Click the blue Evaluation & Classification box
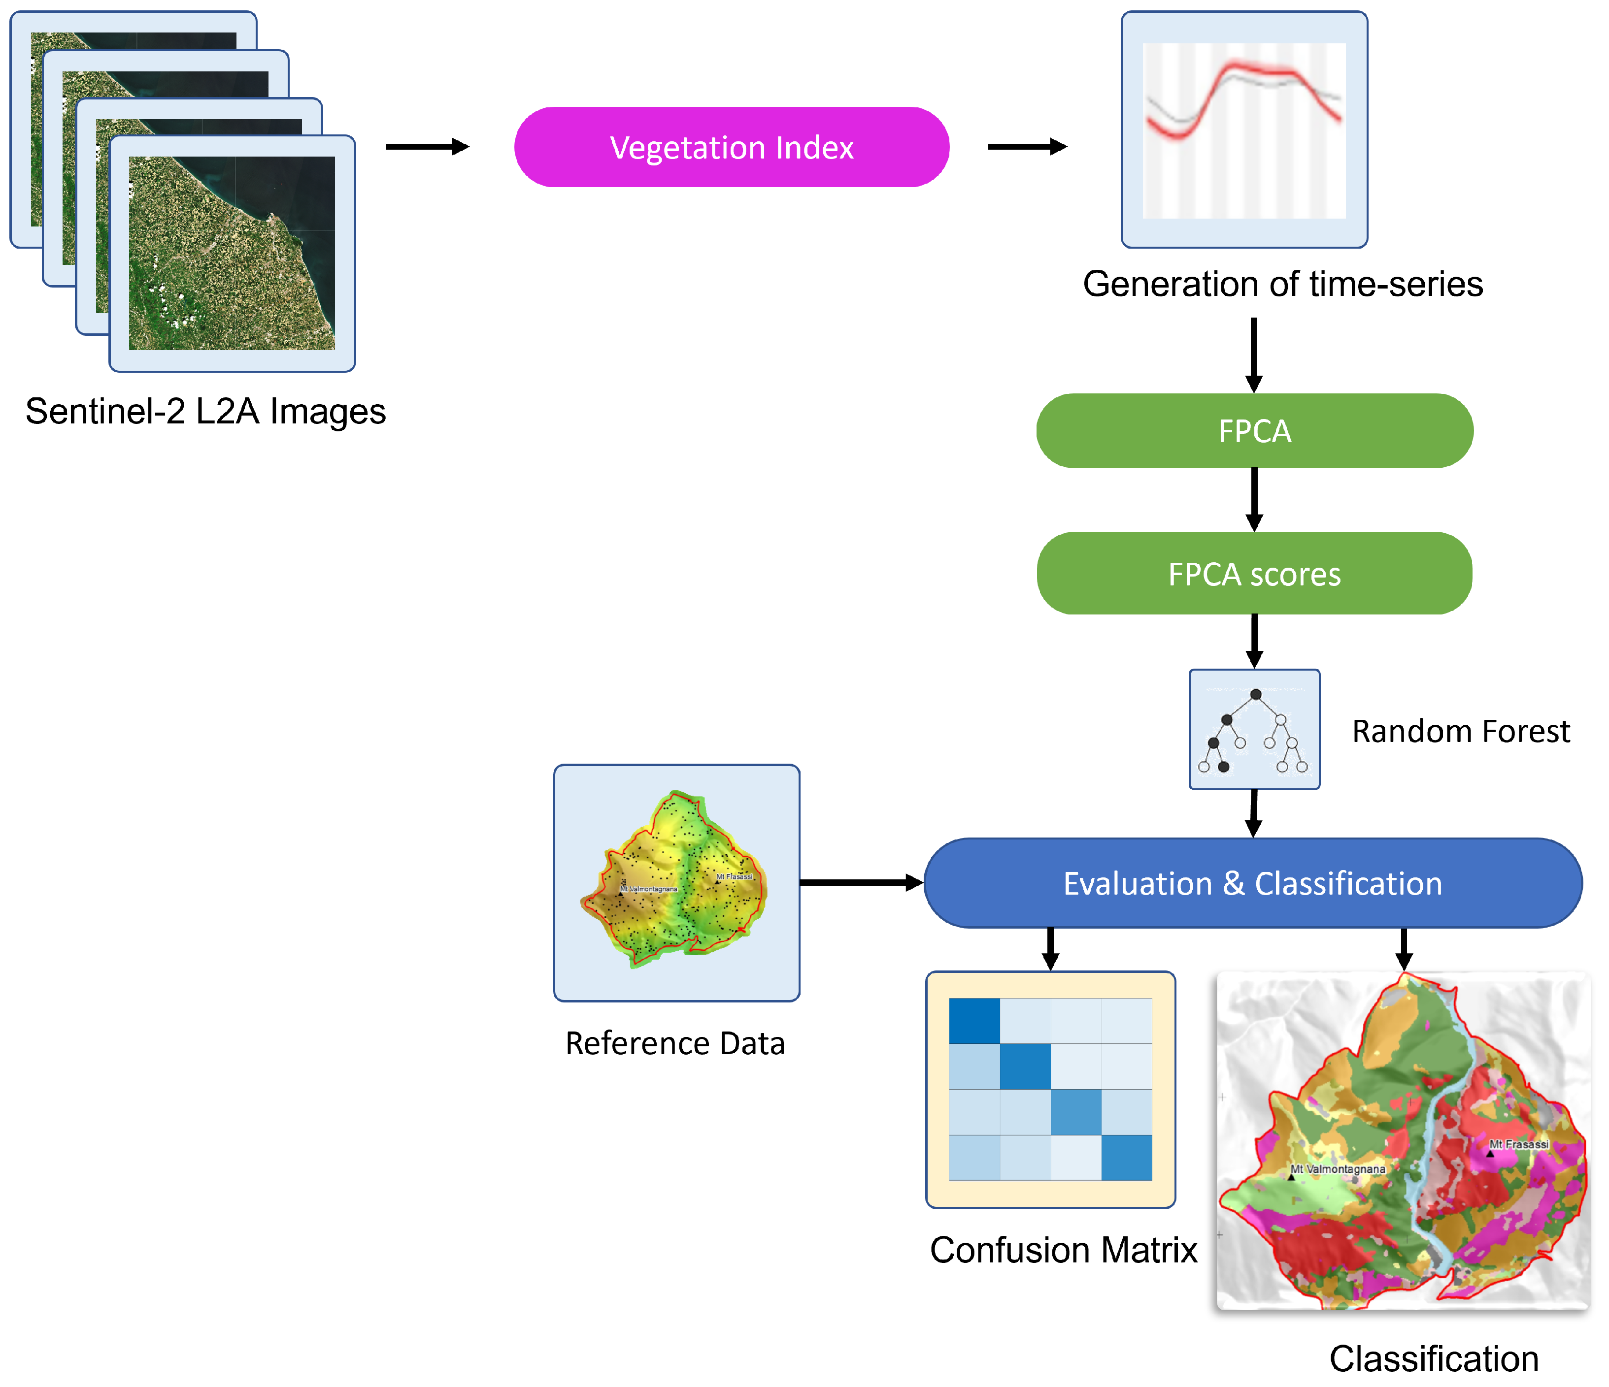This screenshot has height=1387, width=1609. tap(1252, 883)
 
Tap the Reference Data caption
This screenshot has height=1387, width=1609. tap(675, 1043)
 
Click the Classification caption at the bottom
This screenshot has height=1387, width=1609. tap(1434, 1359)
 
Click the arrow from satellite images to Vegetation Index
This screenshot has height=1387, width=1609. tap(427, 147)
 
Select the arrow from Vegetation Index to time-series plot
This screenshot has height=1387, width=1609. tap(1027, 147)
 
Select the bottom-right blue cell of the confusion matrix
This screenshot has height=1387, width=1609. tap(1126, 1157)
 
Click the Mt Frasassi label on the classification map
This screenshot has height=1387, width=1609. tap(1518, 1144)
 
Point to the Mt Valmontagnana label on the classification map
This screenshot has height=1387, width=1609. tap(1337, 1169)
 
